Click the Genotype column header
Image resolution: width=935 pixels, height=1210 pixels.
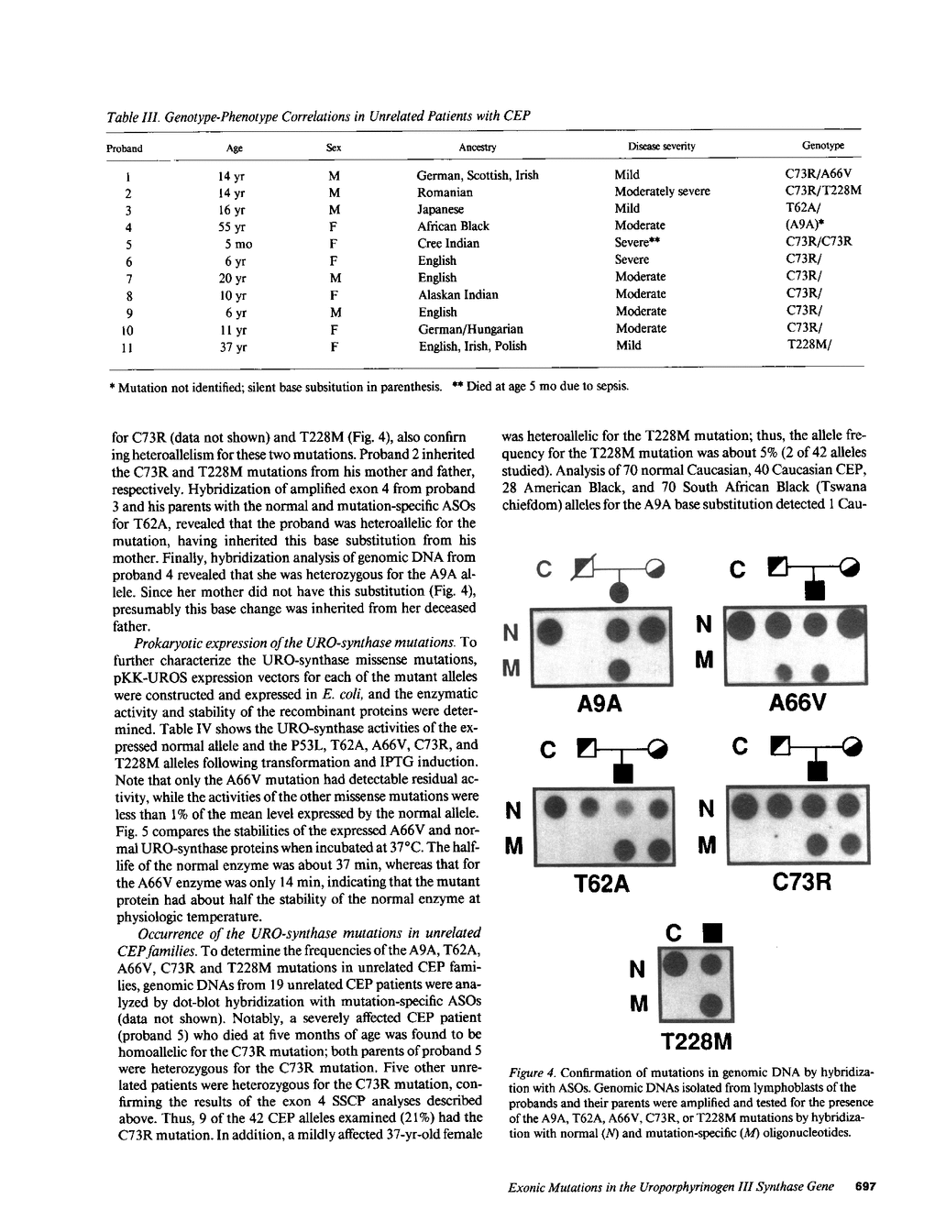[x=822, y=146]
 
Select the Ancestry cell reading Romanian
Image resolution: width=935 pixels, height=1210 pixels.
[x=445, y=192]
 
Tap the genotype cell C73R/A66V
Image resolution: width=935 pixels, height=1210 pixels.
[x=819, y=174]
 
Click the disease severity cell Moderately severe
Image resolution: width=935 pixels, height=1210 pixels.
[x=662, y=192]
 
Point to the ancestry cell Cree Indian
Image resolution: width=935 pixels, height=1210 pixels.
[x=448, y=243]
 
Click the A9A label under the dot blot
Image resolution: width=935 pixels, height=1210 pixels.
[x=600, y=703]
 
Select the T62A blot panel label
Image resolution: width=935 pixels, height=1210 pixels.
[x=601, y=885]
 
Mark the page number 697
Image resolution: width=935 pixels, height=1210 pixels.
[x=865, y=1186]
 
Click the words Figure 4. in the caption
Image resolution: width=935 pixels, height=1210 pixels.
[x=532, y=1072]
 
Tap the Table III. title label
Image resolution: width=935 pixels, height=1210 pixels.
[x=134, y=116]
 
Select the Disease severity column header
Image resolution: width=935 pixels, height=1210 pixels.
[x=661, y=146]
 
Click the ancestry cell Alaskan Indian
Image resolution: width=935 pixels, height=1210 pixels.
[x=458, y=294]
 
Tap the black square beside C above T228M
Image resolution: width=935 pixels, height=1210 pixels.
[x=708, y=935]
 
